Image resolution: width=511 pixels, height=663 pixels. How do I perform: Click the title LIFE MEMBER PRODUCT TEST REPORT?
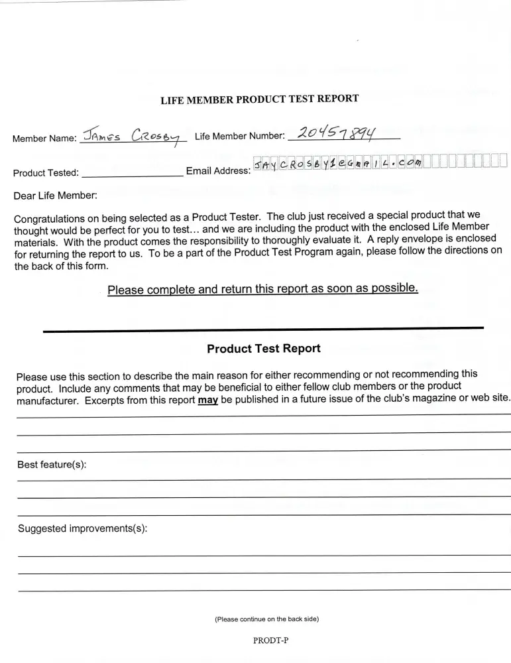click(x=260, y=99)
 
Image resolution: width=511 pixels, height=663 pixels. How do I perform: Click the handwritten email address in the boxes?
click(x=337, y=163)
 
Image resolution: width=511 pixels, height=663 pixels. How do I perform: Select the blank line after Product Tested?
click(x=132, y=174)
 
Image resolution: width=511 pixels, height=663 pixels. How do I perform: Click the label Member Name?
click(x=44, y=139)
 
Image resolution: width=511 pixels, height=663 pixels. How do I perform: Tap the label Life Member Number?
click(x=240, y=137)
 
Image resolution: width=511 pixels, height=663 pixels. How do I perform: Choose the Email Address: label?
click(x=218, y=171)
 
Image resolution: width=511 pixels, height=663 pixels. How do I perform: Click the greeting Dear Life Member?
click(x=55, y=196)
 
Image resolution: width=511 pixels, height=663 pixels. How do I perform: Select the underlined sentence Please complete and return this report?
click(x=262, y=289)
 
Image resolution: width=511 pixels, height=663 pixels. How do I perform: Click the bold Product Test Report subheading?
click(x=264, y=349)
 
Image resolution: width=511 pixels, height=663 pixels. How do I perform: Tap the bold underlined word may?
click(x=208, y=400)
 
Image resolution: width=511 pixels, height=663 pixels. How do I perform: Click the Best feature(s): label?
click(x=52, y=465)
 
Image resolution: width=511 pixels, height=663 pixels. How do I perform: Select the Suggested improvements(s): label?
click(x=82, y=528)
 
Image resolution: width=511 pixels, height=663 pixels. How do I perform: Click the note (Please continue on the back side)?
click(x=266, y=619)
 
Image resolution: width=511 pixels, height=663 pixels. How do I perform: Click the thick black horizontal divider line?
click(x=263, y=329)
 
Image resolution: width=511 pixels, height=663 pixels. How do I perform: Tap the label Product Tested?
click(x=46, y=174)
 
